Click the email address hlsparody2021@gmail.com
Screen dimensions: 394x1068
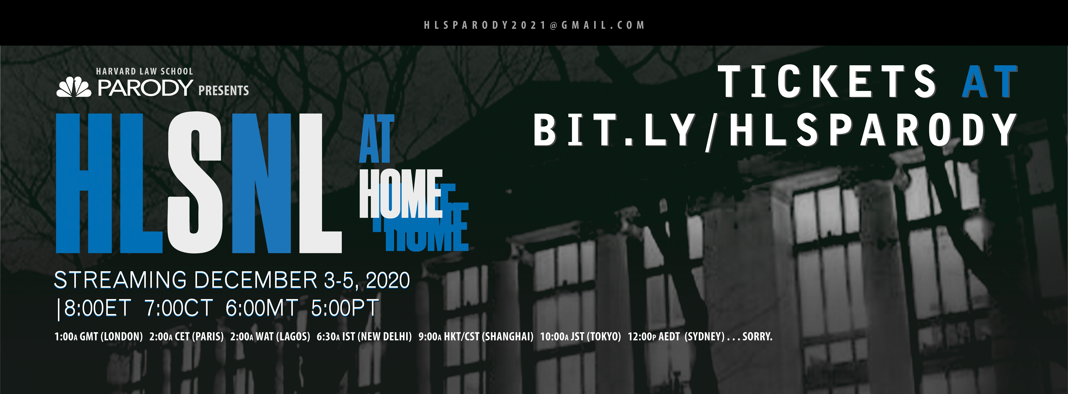534,25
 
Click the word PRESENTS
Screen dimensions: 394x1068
223,90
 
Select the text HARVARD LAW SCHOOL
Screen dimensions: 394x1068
144,71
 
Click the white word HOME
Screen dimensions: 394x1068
400,194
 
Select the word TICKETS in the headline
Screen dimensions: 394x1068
827,82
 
